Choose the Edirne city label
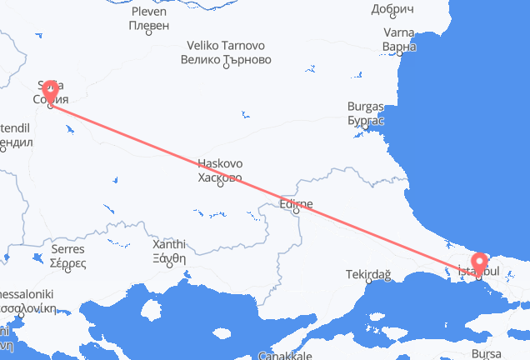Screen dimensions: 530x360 pos(296,202)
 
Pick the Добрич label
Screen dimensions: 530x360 pos(392,9)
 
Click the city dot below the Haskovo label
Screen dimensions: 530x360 pos(220,184)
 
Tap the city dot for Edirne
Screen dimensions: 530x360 pos(296,212)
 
